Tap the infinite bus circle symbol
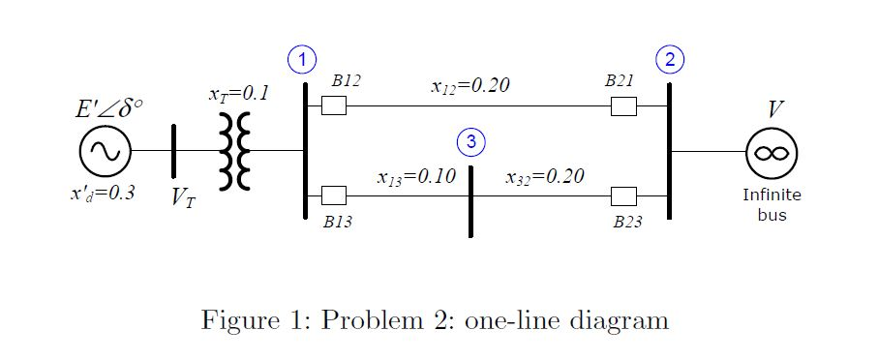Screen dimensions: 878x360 pyautogui.click(x=772, y=152)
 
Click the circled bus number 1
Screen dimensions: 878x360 pyautogui.click(x=304, y=59)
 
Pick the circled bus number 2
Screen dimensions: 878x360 pyautogui.click(x=669, y=59)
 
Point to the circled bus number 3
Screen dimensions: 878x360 pyautogui.click(x=470, y=141)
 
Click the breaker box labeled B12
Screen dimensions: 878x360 pyautogui.click(x=334, y=105)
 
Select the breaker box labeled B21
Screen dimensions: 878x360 pyautogui.click(x=623, y=105)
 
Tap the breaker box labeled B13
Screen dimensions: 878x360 pyautogui.click(x=334, y=196)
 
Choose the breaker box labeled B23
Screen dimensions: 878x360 pyautogui.click(x=623, y=196)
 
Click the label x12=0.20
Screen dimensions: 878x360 pyautogui.click(x=469, y=85)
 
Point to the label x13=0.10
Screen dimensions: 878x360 pyautogui.click(x=415, y=177)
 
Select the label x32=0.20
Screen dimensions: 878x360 pyautogui.click(x=545, y=177)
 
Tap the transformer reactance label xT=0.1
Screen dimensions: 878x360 pyautogui.click(x=238, y=94)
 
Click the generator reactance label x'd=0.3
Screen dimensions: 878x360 pyautogui.click(x=102, y=192)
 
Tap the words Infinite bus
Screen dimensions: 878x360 pyautogui.click(x=772, y=204)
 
